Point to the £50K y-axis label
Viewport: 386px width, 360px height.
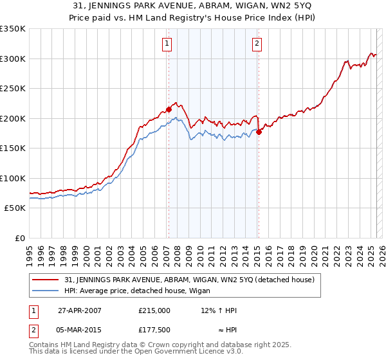14,208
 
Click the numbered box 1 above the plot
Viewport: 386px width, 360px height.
167,44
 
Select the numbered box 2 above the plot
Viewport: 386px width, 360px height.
257,44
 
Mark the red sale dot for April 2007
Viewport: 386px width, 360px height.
169,109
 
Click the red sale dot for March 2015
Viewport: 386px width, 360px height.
259,132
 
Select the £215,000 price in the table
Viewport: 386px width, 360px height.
154,310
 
